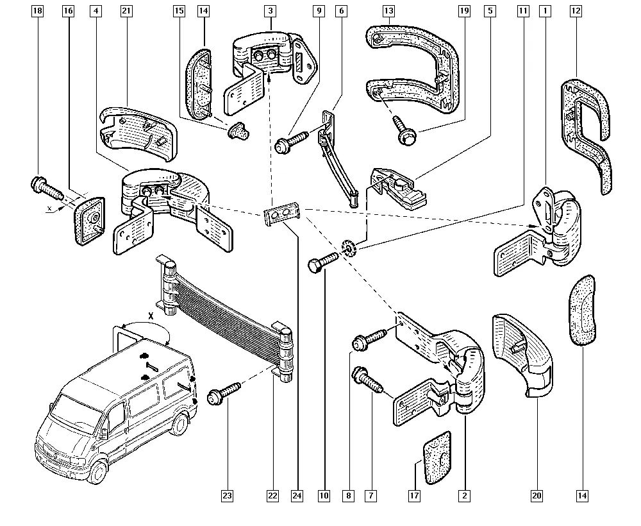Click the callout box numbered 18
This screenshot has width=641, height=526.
coord(37,12)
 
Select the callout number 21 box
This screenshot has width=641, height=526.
coord(126,12)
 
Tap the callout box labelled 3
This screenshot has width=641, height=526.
coord(271,12)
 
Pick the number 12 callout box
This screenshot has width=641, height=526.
coord(576,12)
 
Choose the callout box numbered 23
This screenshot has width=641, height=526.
coord(227,495)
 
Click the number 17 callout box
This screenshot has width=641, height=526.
coord(414,495)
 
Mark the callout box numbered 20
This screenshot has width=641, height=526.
coord(537,495)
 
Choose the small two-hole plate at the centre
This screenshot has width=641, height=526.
coord(281,214)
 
